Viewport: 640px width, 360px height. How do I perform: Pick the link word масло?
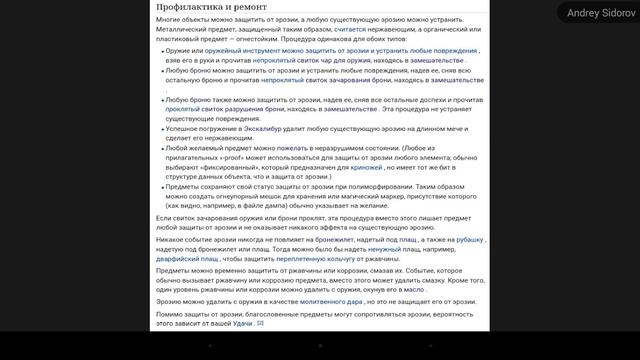coord(412,289)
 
